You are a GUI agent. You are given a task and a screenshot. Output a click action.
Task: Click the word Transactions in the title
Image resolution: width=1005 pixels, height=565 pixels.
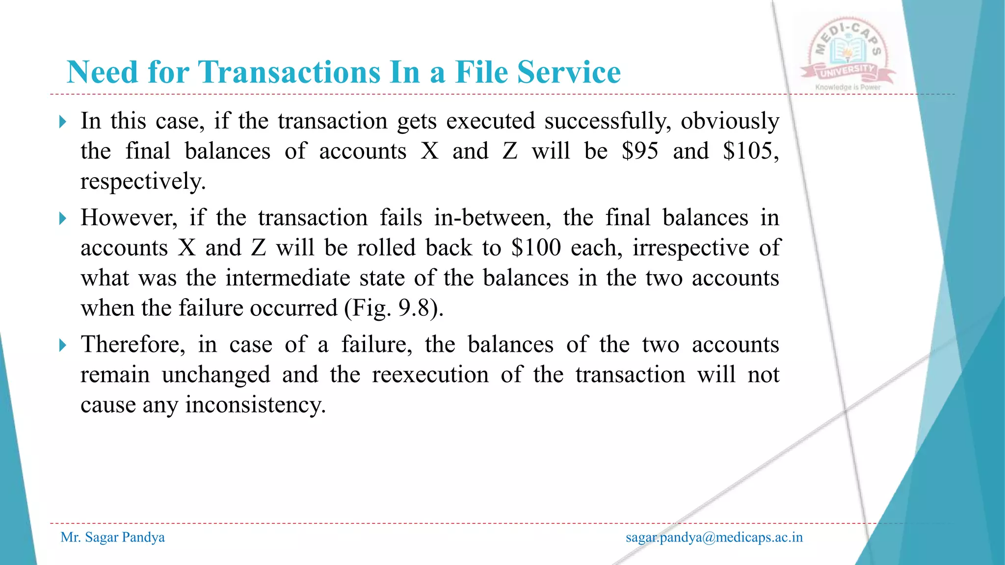pos(289,72)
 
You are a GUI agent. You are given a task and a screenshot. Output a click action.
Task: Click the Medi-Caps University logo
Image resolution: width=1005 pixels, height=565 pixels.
pos(848,56)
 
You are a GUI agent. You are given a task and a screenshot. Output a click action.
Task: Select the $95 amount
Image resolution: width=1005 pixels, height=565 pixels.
pos(640,151)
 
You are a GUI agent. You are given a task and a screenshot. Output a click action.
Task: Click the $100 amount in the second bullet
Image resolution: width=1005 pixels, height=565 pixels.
pos(536,248)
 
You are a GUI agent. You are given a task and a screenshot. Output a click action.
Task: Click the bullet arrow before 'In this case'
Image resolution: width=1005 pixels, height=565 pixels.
pos(62,121)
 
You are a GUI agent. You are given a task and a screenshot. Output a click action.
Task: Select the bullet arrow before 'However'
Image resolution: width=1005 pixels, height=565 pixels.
pos(62,218)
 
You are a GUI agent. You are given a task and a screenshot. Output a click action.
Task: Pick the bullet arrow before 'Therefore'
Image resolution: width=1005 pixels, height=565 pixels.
pos(62,345)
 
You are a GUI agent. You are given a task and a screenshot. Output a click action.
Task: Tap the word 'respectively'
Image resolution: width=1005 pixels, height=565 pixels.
pos(142,181)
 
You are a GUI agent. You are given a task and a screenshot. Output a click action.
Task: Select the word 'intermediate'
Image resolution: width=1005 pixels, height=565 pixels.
pos(288,278)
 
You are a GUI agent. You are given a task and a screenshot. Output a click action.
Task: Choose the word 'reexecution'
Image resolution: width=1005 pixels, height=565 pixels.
pos(430,375)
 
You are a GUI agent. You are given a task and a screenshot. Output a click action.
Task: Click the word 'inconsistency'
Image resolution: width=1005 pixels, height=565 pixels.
pos(255,405)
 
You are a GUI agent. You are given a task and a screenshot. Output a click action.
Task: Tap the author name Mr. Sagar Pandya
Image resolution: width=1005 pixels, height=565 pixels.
pos(112,538)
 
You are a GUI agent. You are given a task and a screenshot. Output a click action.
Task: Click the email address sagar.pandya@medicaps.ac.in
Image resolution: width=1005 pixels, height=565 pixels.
pos(714,538)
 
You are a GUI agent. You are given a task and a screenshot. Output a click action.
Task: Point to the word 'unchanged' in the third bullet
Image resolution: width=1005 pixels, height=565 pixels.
pos(216,375)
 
